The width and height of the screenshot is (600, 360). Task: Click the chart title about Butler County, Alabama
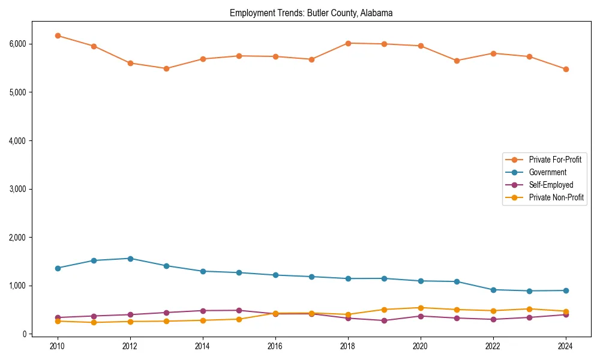click(x=311, y=13)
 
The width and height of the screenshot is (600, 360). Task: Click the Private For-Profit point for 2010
click(x=58, y=35)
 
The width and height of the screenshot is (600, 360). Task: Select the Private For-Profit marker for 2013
click(x=166, y=68)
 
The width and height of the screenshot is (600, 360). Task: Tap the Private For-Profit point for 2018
click(x=348, y=43)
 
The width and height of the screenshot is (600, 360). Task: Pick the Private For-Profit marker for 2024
click(x=566, y=69)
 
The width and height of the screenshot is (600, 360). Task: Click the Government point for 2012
click(x=130, y=259)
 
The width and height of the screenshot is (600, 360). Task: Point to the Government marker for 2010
click(x=58, y=268)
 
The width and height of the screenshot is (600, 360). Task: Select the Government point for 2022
click(x=493, y=290)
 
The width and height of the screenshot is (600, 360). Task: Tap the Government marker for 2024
click(x=566, y=290)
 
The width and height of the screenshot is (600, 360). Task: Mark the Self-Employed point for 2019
click(x=384, y=320)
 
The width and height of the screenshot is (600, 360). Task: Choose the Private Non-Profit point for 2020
click(x=421, y=308)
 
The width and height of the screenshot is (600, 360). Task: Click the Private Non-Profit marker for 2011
click(x=94, y=322)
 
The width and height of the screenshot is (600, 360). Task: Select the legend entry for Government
click(x=547, y=172)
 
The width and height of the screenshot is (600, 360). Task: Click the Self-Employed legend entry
click(x=551, y=185)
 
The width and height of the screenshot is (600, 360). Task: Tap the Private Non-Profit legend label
click(x=556, y=197)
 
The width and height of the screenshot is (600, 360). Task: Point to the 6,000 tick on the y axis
click(x=17, y=44)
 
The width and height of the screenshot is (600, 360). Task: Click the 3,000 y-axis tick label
click(x=17, y=189)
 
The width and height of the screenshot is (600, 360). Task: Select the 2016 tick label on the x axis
click(x=275, y=346)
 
